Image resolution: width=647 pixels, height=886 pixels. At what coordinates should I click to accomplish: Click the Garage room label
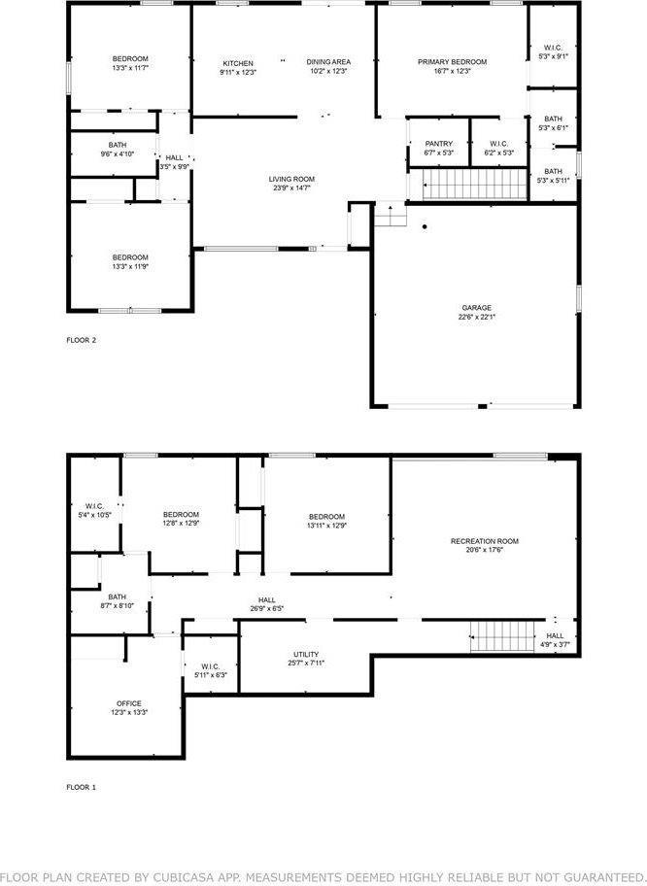[x=476, y=307]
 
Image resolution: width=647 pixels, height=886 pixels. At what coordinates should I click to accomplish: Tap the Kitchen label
[x=237, y=63]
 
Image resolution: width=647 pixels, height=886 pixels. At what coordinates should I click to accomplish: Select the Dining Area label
[x=328, y=62]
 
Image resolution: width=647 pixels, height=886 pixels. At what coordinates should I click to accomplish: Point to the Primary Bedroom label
[x=452, y=62]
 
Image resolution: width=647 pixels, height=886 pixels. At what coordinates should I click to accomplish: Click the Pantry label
[x=438, y=144]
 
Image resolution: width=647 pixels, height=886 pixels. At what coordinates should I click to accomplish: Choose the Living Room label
[x=291, y=179]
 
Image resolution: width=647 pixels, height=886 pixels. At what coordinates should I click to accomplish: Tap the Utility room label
[x=306, y=654]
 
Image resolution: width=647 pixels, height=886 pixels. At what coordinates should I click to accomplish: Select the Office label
[x=129, y=703]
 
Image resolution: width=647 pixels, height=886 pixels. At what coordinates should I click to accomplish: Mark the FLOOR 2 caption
[x=81, y=340]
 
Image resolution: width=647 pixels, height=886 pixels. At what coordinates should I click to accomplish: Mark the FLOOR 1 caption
[x=81, y=787]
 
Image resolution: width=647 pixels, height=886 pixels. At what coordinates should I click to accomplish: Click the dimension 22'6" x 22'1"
[x=476, y=316]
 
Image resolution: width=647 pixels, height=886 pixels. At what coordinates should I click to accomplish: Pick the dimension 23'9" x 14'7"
[x=291, y=187]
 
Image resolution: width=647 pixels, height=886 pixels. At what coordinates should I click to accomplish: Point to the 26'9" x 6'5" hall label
[x=266, y=609]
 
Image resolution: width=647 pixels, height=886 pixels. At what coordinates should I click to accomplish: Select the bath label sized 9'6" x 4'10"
[x=117, y=153]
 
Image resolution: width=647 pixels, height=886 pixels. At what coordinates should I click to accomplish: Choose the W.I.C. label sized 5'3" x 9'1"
[x=553, y=56]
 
